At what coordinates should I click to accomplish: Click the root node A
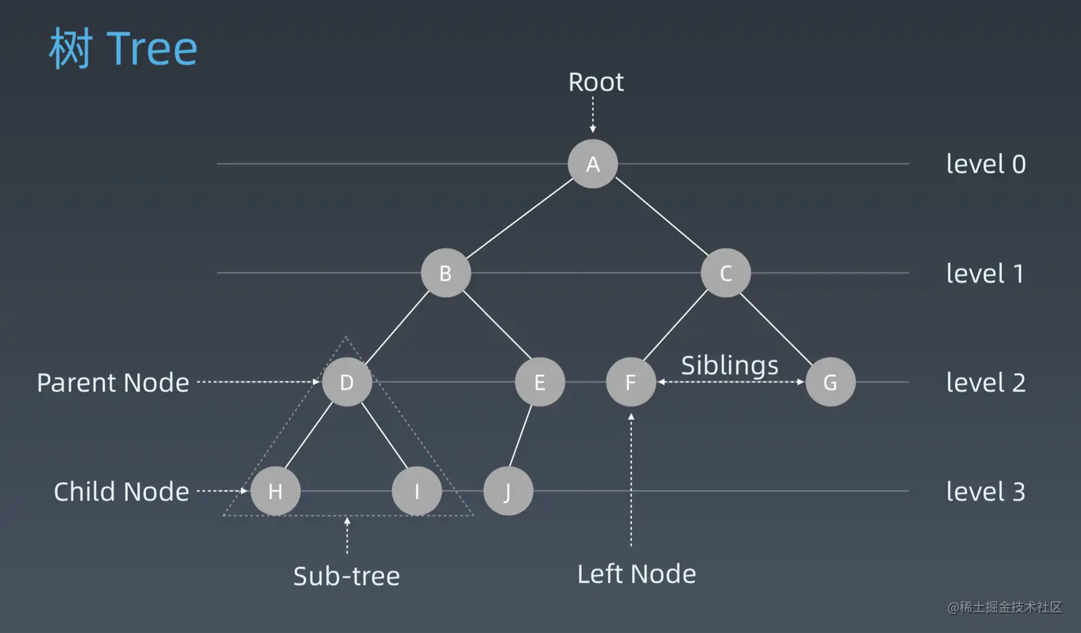click(x=593, y=164)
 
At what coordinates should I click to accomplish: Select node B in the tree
click(x=445, y=273)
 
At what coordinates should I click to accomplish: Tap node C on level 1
click(x=726, y=273)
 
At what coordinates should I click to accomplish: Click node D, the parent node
click(x=347, y=382)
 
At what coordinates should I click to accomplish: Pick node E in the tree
click(x=540, y=382)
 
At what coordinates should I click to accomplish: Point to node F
click(x=631, y=382)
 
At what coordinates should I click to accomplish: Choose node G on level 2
click(x=830, y=382)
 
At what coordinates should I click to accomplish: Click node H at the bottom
click(x=275, y=491)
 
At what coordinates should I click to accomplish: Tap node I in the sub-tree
click(x=417, y=491)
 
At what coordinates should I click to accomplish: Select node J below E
click(x=508, y=491)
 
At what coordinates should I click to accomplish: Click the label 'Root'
click(x=596, y=82)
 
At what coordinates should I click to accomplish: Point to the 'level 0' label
click(x=986, y=164)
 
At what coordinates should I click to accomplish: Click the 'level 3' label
click(x=986, y=491)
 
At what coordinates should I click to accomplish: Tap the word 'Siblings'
click(x=730, y=365)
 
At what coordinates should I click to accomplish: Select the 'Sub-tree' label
click(x=347, y=576)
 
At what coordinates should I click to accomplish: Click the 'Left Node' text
click(x=636, y=574)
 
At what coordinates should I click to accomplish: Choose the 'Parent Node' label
click(x=113, y=383)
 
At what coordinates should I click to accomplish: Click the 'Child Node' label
click(x=121, y=491)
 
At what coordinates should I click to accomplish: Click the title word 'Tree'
click(x=152, y=49)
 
